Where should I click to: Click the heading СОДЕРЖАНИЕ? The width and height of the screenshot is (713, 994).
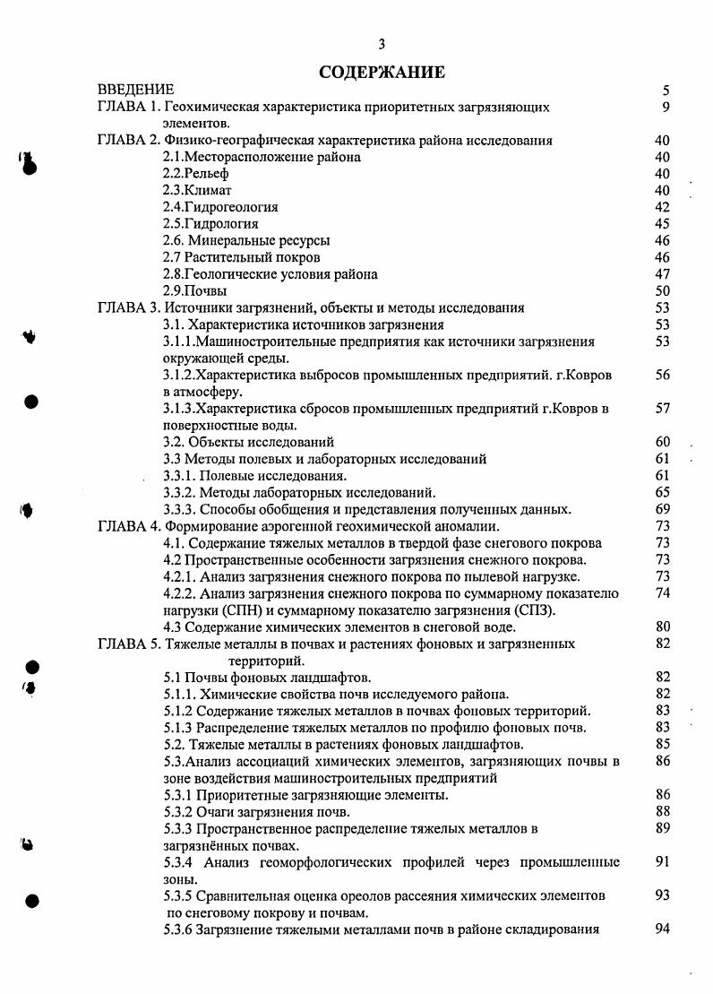click(382, 71)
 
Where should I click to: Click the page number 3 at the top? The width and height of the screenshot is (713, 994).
click(382, 45)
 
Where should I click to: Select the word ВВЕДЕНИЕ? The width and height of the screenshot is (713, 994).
click(135, 91)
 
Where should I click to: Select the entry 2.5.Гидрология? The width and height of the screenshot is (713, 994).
click(210, 224)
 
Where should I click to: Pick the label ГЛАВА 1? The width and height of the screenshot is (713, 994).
click(128, 108)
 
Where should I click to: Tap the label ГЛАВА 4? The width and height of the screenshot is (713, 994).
click(128, 526)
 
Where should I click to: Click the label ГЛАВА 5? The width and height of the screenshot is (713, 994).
click(128, 644)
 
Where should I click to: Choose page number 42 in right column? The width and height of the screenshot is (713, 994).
click(662, 207)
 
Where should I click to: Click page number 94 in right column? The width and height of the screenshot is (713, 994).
click(662, 929)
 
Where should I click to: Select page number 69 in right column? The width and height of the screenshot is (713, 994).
click(662, 509)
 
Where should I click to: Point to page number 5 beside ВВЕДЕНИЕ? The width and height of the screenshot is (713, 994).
click(666, 91)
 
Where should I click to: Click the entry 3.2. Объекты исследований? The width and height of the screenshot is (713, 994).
click(248, 442)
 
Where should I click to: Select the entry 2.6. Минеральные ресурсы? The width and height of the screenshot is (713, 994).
click(246, 241)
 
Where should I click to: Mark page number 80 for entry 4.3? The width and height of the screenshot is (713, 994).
click(662, 627)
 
